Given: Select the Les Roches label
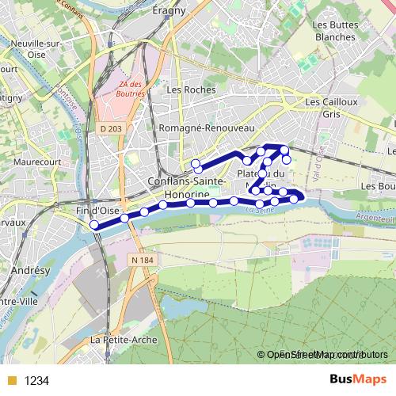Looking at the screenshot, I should point(191,90).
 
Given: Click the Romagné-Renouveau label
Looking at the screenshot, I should point(206,128).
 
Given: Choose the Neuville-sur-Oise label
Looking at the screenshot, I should point(28,43).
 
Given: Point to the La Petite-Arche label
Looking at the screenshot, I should point(124,339).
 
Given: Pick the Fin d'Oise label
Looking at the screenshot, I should point(96,211).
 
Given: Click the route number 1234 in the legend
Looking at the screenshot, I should point(36,381).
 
